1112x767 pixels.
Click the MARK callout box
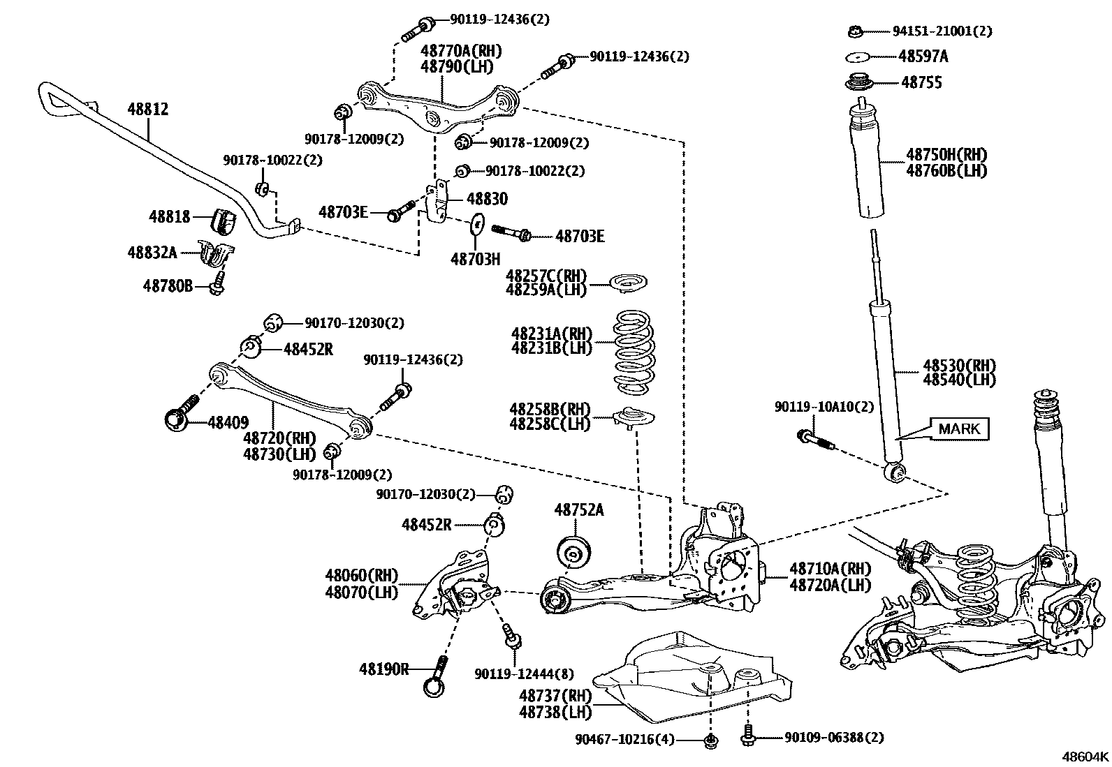tap(959, 429)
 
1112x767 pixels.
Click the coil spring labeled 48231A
tap(634, 352)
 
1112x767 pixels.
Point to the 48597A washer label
tap(923, 57)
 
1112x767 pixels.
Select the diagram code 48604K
tap(1085, 757)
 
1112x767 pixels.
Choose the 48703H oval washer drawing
tap(476, 223)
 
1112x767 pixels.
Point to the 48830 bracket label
tap(487, 200)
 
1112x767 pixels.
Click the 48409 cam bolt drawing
tap(180, 412)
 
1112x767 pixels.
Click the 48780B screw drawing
tap(217, 285)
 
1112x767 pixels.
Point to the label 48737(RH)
tap(555, 696)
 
